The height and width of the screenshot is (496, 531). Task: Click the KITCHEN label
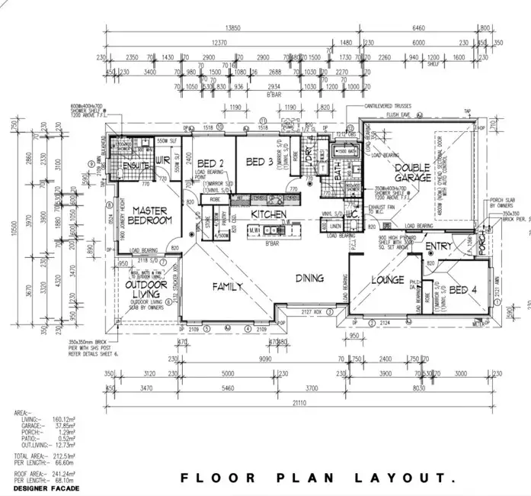pyautogui.click(x=267, y=214)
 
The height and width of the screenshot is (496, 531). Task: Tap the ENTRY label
pyautogui.click(x=438, y=246)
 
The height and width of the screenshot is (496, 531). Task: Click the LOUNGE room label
pyautogui.click(x=387, y=280)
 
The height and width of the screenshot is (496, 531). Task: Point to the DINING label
pyautogui.click(x=310, y=278)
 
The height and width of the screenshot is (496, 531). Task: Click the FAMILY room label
pyautogui.click(x=227, y=287)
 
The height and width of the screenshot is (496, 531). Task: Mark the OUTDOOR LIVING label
pyautogui.click(x=146, y=289)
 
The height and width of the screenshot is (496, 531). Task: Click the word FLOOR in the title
pyautogui.click(x=209, y=478)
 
